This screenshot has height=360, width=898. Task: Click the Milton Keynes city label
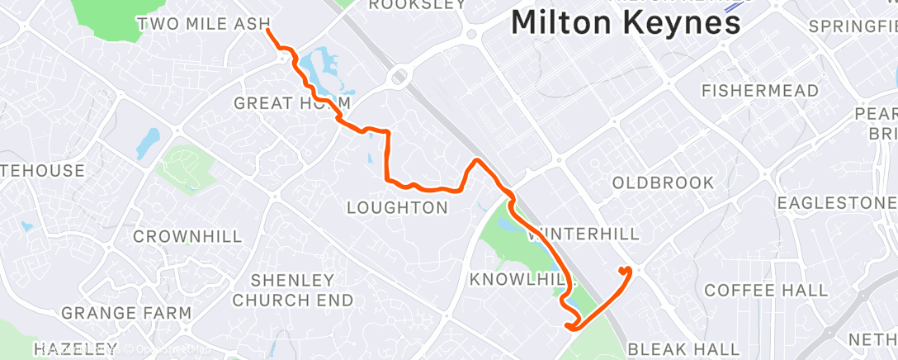(626, 23)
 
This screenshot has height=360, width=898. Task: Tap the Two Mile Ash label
(204, 23)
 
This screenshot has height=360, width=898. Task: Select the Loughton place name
(397, 207)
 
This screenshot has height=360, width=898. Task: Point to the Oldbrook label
(664, 182)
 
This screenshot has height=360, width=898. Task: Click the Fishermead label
(759, 90)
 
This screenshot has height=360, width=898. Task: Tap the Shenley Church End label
(292, 290)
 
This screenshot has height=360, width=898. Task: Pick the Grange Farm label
(126, 314)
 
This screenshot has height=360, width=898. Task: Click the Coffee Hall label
(766, 290)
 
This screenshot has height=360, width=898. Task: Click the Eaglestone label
(835, 203)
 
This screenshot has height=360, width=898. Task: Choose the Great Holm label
(293, 103)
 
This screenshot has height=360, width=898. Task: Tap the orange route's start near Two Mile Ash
(267, 31)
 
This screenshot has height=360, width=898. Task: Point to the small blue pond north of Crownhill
(148, 142)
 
